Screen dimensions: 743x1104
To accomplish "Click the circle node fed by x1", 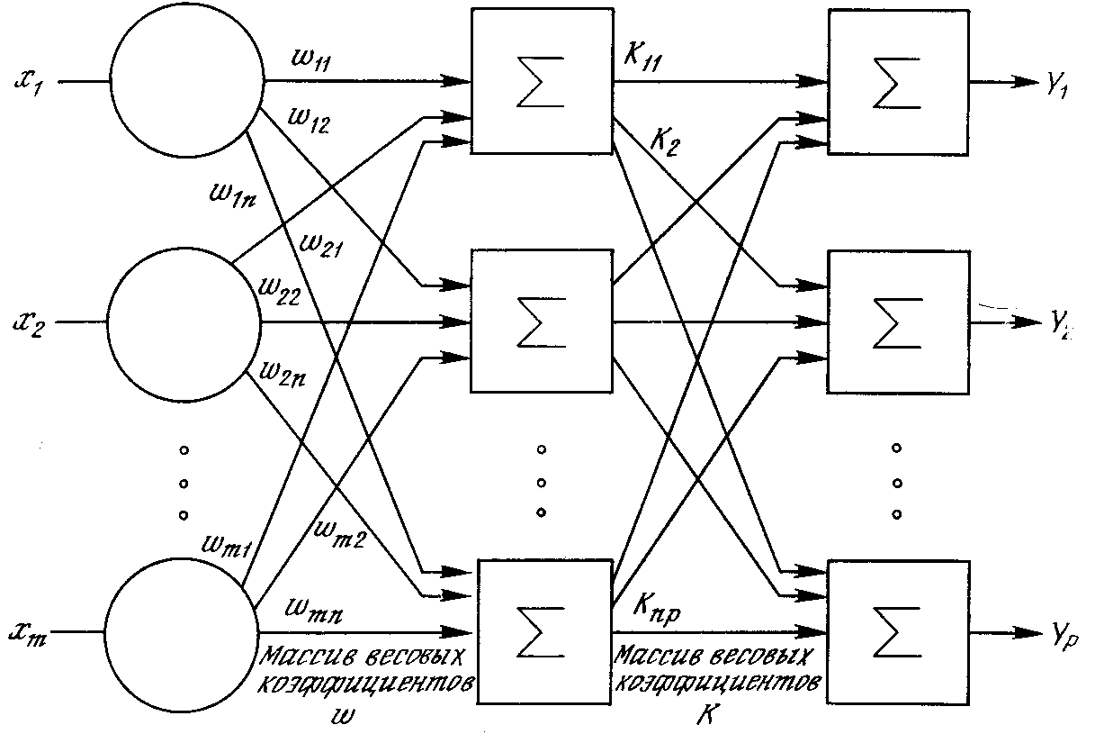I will pos(185,82).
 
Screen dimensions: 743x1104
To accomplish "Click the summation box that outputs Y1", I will pos(898,84).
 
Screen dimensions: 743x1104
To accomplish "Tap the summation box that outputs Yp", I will pos(898,628).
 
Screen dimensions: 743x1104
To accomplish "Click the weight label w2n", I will pos(281,371).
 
